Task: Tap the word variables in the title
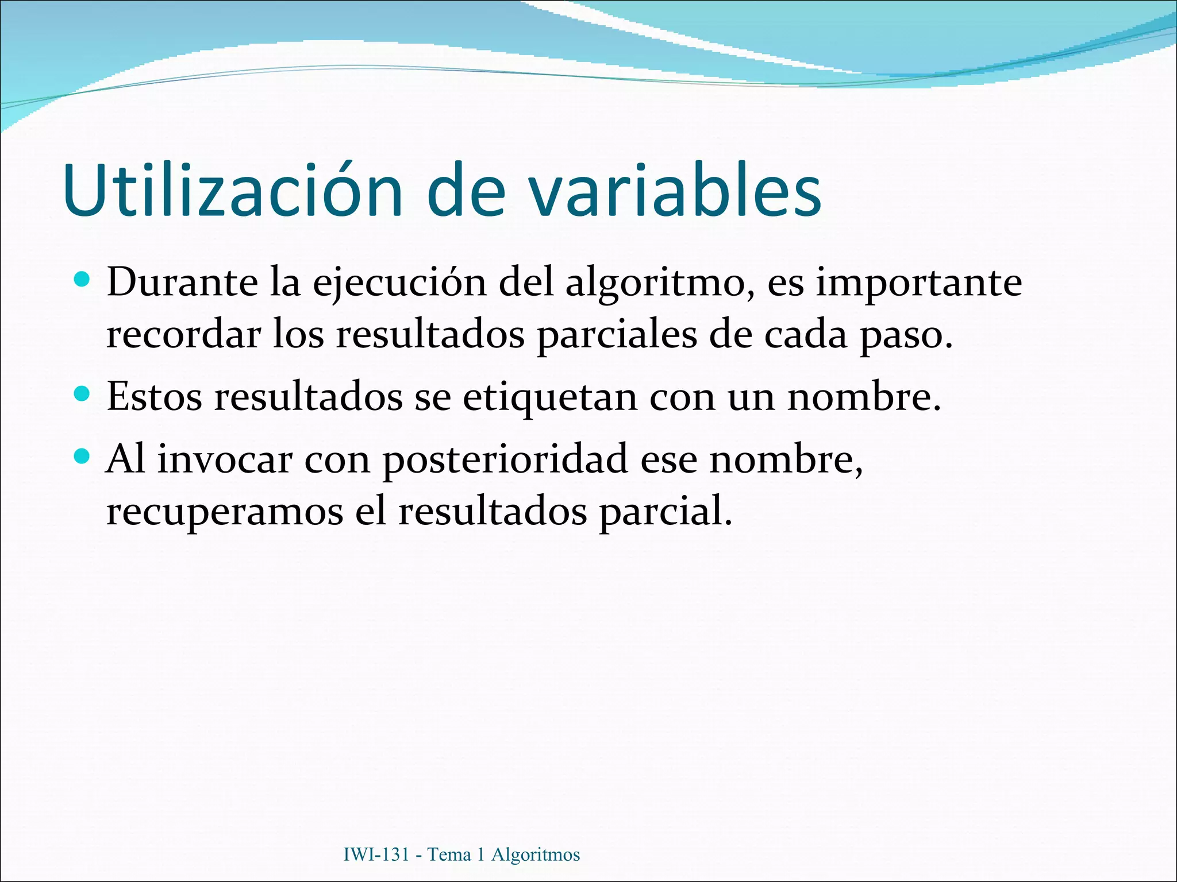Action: [675, 191]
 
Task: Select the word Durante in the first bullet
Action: [182, 283]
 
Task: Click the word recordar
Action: [183, 335]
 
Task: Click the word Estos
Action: [155, 396]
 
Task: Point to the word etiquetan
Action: [550, 397]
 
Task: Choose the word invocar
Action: [225, 459]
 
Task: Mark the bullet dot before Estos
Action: [83, 394]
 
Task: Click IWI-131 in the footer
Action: [376, 854]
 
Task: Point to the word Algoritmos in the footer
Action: [536, 854]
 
